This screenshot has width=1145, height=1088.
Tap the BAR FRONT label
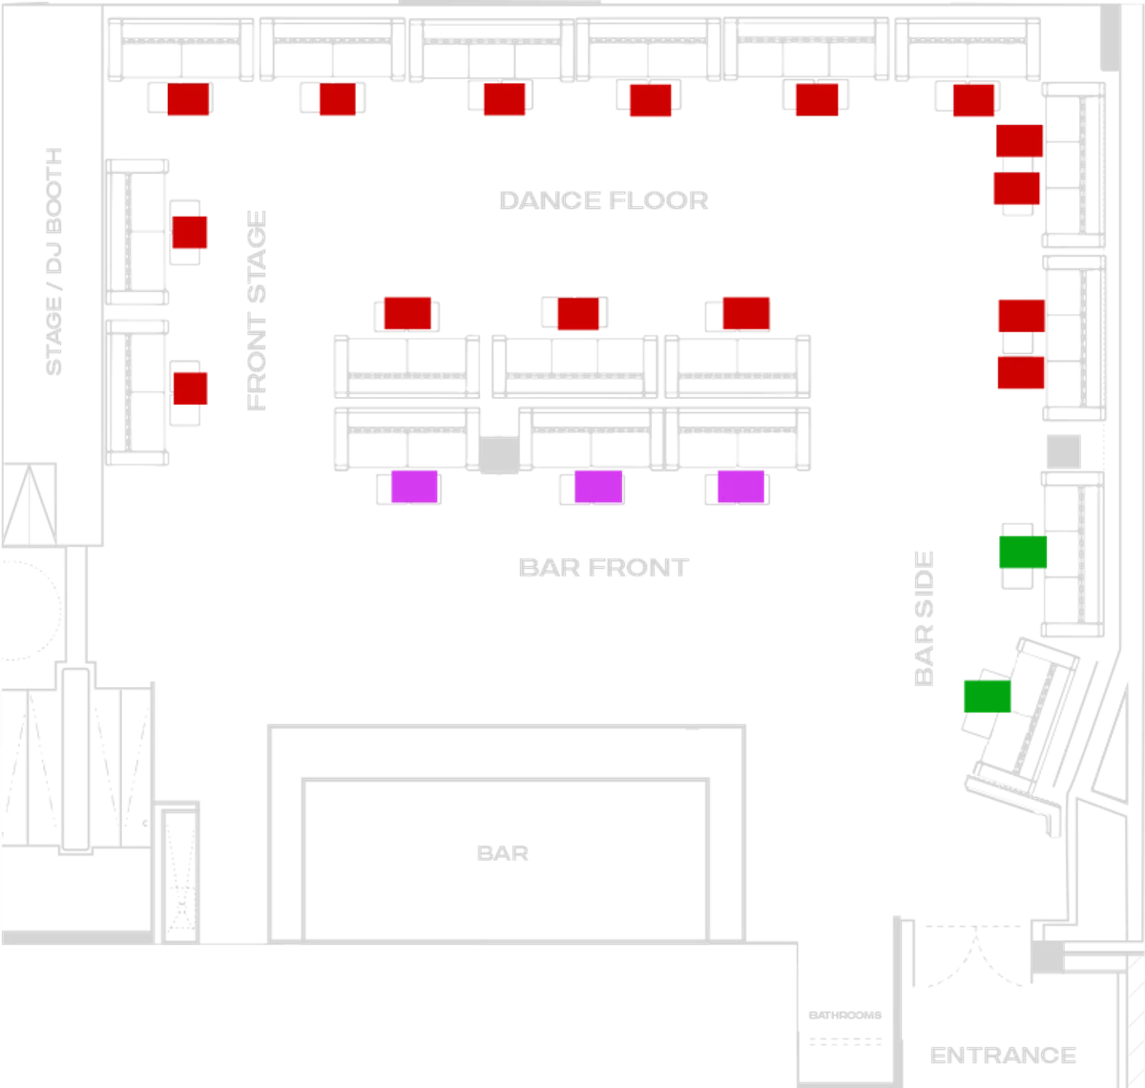pos(601,566)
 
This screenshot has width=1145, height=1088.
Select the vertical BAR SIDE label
pos(923,617)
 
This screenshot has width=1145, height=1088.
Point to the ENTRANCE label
pos(1002,1056)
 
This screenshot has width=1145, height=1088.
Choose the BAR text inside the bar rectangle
pos(504,851)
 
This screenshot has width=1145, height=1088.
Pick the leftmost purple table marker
pos(414,487)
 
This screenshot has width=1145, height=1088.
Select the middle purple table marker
pos(598,487)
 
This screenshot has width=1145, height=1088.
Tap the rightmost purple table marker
pos(741,487)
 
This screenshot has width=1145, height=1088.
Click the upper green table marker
pos(1022,553)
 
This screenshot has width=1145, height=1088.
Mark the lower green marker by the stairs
pos(987,696)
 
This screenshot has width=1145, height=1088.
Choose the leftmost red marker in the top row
pos(188,99)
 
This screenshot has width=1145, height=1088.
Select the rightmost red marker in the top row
pos(974,99)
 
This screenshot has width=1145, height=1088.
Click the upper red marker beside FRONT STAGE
pos(190,232)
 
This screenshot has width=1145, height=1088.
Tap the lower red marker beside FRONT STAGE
pos(190,387)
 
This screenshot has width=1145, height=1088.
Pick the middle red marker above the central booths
pos(578,313)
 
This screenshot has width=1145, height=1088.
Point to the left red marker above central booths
pos(407,313)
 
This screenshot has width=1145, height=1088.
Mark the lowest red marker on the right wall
pos(1020,372)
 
